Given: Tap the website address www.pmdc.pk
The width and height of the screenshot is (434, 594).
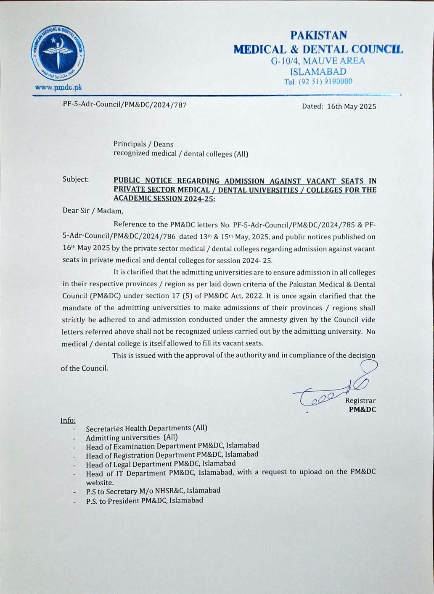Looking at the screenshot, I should (x=58, y=87).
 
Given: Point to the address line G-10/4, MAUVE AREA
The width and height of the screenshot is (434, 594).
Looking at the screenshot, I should (x=318, y=61).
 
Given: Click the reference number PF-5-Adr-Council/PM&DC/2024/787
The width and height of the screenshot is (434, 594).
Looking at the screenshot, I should (x=124, y=105).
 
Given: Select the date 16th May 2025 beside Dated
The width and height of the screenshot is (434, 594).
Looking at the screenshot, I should (x=352, y=106).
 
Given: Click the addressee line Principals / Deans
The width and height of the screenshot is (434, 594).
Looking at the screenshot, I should (x=143, y=144).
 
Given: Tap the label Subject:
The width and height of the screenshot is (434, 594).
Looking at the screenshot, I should (x=76, y=179).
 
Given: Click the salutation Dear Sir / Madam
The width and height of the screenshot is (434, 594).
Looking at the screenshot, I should (x=93, y=211).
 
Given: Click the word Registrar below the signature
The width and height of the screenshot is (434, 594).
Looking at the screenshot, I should (x=360, y=400).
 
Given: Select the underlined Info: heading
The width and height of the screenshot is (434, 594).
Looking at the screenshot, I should (x=68, y=420).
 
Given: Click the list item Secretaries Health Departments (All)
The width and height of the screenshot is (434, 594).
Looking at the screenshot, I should (x=146, y=428).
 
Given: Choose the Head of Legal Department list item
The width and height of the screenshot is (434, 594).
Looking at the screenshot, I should (x=161, y=464).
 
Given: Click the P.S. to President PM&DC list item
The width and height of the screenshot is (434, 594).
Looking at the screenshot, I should (x=144, y=500).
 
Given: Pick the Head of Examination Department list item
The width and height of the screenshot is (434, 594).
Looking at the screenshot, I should (x=172, y=446).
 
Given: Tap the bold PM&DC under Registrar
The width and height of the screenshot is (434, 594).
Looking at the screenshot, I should (x=362, y=409).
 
